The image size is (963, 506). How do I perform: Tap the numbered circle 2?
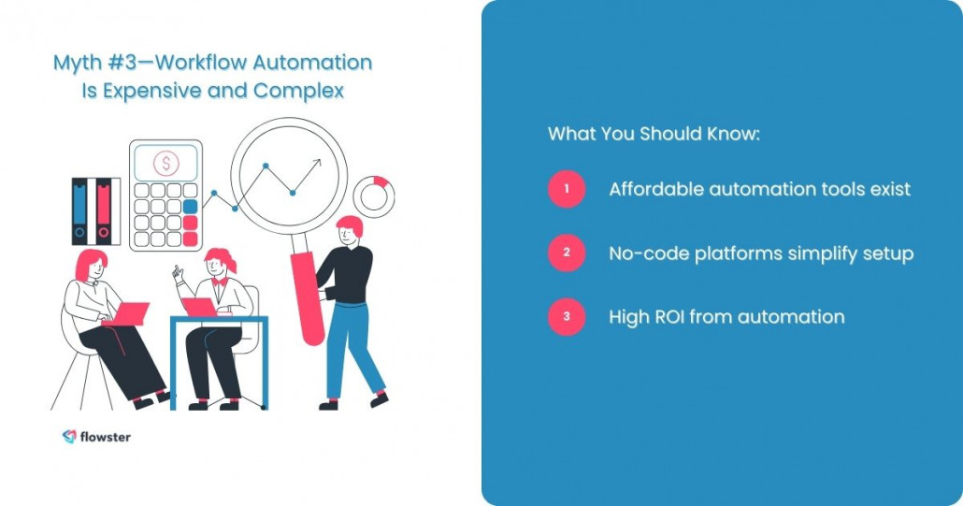566,253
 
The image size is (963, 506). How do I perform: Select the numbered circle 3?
566,317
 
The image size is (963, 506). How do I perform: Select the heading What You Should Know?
654,134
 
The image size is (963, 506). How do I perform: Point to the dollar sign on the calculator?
166,164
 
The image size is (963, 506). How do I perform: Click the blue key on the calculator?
191,207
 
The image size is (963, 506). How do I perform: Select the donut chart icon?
373,195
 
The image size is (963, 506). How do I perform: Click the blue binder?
80,210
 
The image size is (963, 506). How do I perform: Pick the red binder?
103,210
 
